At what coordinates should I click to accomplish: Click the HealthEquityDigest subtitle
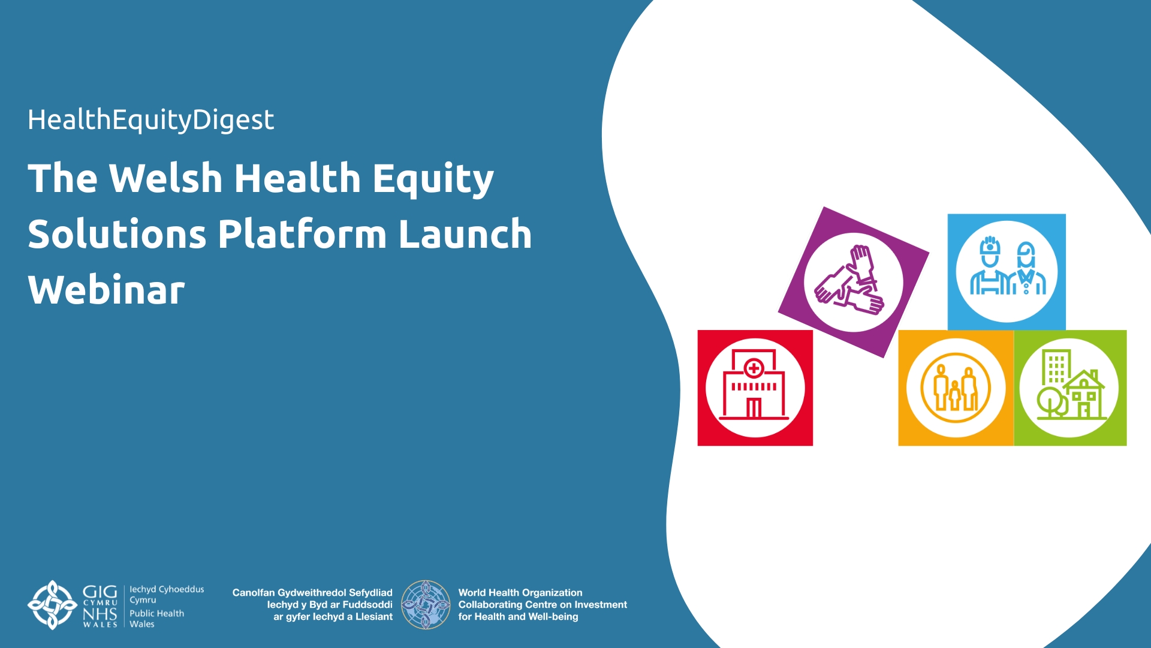coord(150,120)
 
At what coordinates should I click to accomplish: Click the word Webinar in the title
coord(106,289)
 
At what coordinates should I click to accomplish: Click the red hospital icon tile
coord(755,388)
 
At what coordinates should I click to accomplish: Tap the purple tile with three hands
coord(853,282)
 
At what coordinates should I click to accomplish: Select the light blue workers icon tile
coord(1007,272)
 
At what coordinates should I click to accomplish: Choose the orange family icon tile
coord(956,388)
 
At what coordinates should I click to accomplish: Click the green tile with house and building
coord(1070,388)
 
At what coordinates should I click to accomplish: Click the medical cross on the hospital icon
coord(754,368)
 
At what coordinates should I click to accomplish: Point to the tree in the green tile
coord(1051,402)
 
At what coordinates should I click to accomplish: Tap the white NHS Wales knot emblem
coord(53,605)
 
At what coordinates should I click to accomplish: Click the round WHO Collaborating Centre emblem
coord(426,604)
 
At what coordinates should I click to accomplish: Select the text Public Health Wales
coord(156,619)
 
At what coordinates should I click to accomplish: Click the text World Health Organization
coord(520,592)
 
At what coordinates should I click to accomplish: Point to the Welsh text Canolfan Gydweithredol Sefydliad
coord(312,592)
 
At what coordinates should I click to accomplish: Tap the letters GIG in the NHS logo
coord(100,593)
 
